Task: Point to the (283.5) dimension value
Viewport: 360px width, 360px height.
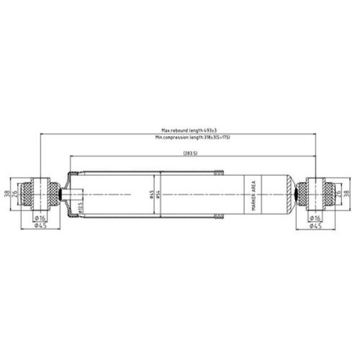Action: pyautogui.click(x=192, y=154)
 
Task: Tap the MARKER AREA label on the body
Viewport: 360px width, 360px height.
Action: pyautogui.click(x=254, y=194)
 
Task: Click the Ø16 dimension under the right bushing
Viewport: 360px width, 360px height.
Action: pyautogui.click(x=314, y=217)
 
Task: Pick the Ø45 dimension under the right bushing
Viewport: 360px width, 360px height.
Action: pyautogui.click(x=314, y=226)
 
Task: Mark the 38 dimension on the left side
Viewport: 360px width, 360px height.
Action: pyautogui.click(x=7, y=193)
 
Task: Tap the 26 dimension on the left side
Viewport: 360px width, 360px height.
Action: pyautogui.click(x=15, y=194)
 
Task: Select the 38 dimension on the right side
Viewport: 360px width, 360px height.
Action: pyautogui.click(x=346, y=193)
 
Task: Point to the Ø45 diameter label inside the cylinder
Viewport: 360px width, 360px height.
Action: pyautogui.click(x=151, y=194)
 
